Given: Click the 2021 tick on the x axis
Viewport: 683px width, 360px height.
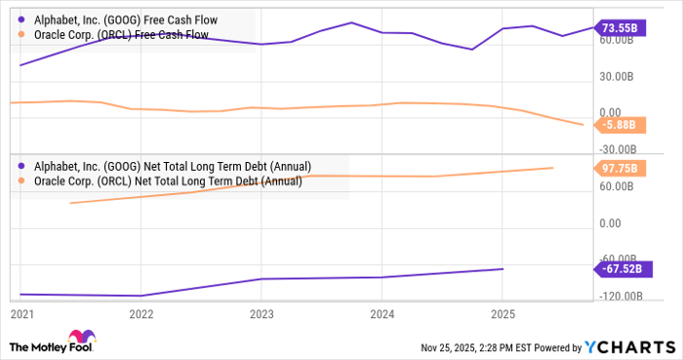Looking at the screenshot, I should (20, 314).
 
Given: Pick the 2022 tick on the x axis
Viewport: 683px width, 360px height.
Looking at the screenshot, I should (141, 314).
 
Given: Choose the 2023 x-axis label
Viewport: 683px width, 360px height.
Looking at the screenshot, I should (261, 314).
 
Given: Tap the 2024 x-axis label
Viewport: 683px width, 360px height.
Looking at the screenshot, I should (382, 314).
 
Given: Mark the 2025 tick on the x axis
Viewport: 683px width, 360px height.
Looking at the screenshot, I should (502, 314).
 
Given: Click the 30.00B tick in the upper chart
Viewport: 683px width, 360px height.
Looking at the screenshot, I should (618, 77).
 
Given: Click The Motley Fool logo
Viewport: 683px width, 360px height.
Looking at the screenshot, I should (50, 345).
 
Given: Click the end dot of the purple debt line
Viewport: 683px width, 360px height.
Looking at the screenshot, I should (502, 269).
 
